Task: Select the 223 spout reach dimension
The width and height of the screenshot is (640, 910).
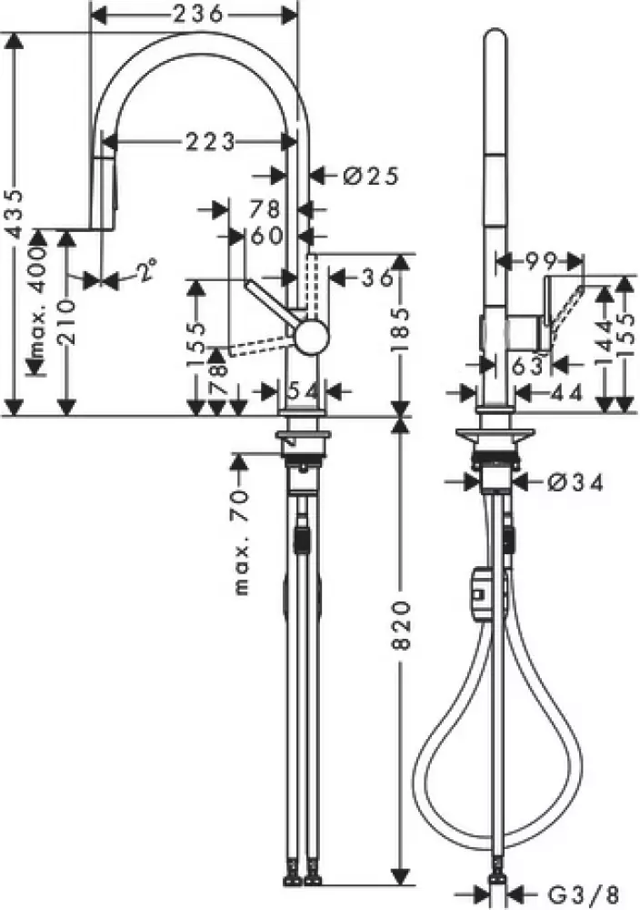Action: click(x=210, y=141)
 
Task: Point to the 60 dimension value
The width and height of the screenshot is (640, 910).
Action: click(x=265, y=236)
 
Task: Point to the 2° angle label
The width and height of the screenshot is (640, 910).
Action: click(x=145, y=270)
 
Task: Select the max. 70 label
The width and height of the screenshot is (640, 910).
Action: click(x=241, y=551)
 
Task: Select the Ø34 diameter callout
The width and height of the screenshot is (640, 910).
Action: click(x=577, y=483)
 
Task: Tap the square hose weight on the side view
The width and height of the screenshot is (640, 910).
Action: click(x=478, y=594)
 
